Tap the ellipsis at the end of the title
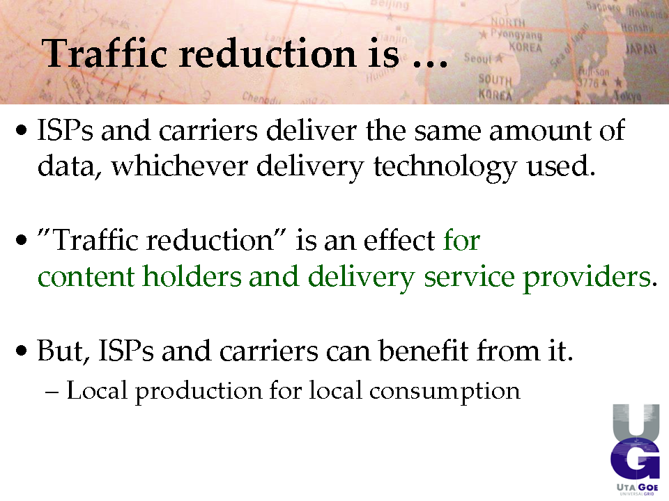coord(431,64)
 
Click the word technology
coord(445,167)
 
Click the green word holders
coord(192,276)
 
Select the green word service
coord(469,277)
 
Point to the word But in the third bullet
coord(63,351)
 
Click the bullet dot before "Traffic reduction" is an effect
coord(21,240)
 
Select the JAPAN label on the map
coord(641,49)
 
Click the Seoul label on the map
coord(478,58)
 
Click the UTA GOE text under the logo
coord(637,487)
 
